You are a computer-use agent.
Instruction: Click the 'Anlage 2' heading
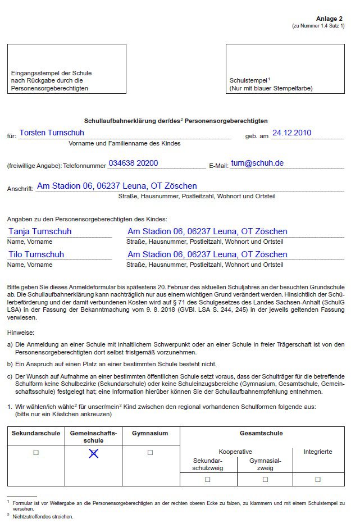click(330, 19)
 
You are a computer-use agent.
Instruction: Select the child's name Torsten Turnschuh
click(52, 133)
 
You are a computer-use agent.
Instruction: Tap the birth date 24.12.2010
click(291, 133)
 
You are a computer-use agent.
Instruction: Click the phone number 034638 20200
click(133, 163)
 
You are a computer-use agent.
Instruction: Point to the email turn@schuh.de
click(257, 163)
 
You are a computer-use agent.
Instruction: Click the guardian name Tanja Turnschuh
click(40, 231)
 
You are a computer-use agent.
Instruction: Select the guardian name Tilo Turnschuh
click(36, 254)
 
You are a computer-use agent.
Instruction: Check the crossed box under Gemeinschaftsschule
click(93, 453)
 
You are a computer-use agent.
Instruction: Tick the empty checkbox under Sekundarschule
click(36, 453)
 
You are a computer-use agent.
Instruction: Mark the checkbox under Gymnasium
click(150, 453)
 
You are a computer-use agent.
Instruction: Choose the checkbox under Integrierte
click(318, 479)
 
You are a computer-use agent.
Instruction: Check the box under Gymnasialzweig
click(265, 479)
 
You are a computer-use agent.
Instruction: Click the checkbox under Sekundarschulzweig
click(208, 479)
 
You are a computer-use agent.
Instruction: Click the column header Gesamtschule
click(261, 434)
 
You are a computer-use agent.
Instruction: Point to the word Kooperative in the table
click(235, 452)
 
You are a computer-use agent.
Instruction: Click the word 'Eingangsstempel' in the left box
click(33, 73)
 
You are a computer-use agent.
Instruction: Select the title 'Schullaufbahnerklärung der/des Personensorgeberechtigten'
click(176, 121)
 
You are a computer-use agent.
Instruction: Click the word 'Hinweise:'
click(21, 333)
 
